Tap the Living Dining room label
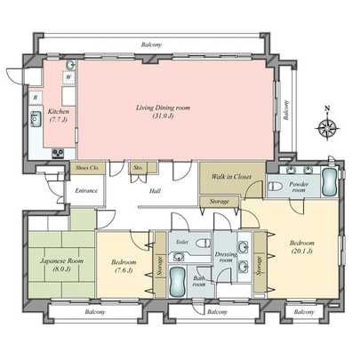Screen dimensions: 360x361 (x=164, y=112)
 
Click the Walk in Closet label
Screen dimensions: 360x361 (x=231, y=177)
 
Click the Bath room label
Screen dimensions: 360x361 (x=201, y=283)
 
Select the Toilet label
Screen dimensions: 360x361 (x=183, y=241)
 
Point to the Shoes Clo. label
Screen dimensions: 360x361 (x=86, y=167)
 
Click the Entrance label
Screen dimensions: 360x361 (x=86, y=190)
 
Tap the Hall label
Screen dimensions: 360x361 (x=155, y=190)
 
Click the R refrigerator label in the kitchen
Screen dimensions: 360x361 (x=35, y=96)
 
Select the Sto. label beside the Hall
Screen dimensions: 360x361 (x=139, y=166)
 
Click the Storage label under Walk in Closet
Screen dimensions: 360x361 (x=220, y=203)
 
